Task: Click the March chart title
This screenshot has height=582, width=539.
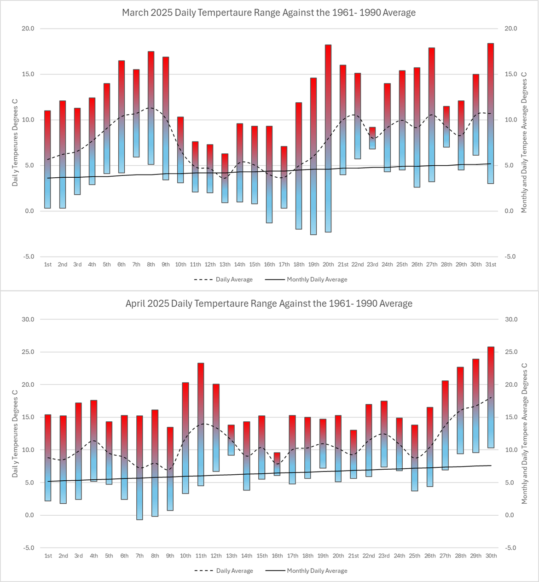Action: [x=269, y=13]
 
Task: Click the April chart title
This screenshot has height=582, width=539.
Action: [x=269, y=304]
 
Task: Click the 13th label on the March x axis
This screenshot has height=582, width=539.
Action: [x=225, y=265]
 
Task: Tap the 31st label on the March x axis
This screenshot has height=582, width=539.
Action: [x=491, y=265]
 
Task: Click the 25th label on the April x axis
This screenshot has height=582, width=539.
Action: [x=414, y=556]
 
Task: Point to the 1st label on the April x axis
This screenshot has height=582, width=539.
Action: [x=48, y=556]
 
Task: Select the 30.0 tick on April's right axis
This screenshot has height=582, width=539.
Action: [x=511, y=320]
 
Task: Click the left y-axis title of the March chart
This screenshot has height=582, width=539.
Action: [x=15, y=146]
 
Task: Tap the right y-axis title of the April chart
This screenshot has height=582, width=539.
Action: [x=524, y=433]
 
